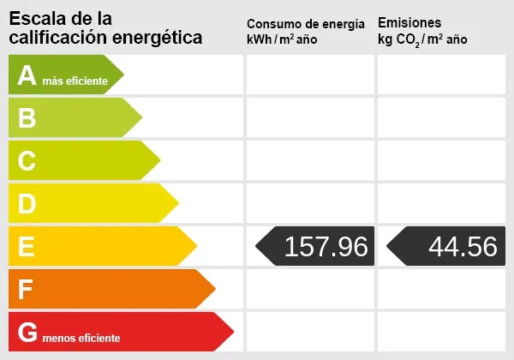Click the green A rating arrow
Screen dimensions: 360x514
64,75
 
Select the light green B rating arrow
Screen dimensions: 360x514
73,117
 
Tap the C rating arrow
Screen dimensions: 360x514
82,160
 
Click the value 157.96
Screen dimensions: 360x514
326,247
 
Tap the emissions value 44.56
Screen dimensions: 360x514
463,247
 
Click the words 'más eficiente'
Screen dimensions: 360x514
75,81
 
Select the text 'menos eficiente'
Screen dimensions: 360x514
81,338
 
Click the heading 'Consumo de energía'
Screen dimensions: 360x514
305,24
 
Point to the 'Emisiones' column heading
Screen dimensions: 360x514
409,22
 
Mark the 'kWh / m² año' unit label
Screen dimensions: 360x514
282,40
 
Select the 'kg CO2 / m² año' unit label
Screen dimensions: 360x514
422,40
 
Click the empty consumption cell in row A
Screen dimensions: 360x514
310,75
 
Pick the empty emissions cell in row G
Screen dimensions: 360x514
441,332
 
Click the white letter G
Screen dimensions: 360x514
27,332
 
